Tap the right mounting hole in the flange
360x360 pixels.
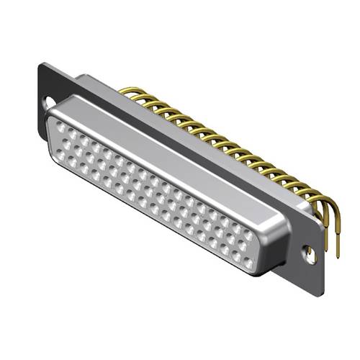click(310, 253)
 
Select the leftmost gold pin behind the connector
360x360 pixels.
click(124, 91)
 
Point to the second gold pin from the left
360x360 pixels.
click(135, 96)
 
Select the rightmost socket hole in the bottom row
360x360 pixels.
click(248, 266)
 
